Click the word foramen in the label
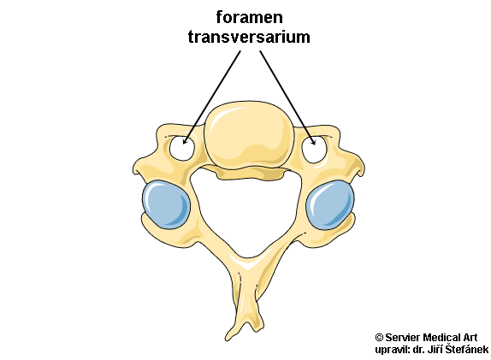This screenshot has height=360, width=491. pyautogui.click(x=249, y=18)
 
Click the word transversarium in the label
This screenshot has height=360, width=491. pyautogui.click(x=249, y=37)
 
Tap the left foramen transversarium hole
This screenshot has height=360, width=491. pyautogui.click(x=181, y=148)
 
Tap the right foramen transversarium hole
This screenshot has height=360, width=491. pyautogui.click(x=315, y=150)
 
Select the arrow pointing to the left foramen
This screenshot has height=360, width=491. pyautogui.click(x=211, y=97)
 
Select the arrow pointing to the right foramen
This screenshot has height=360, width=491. pyautogui.click(x=287, y=97)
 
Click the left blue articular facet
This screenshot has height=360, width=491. pyautogui.click(x=166, y=204)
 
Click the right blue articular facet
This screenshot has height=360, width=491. pyautogui.click(x=330, y=205)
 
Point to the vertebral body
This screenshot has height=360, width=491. pyautogui.click(x=249, y=134)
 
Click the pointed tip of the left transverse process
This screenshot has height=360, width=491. pyautogui.click(x=133, y=172)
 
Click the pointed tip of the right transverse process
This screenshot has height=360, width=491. pyautogui.click(x=364, y=172)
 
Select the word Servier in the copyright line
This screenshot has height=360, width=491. pyautogui.click(x=402, y=338)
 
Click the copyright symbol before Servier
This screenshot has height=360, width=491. pyautogui.click(x=379, y=338)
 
